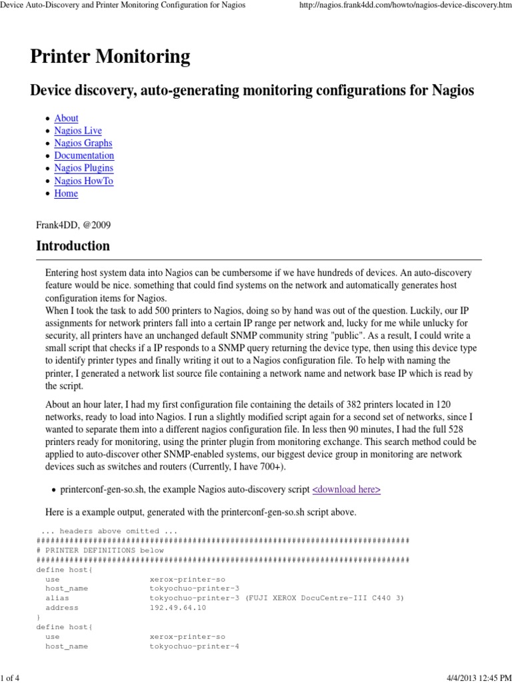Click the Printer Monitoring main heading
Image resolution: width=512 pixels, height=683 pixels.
point(110,57)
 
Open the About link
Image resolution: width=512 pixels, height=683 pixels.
point(66,118)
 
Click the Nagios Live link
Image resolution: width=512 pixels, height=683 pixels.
point(78,131)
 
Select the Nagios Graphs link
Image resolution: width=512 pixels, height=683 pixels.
point(83,143)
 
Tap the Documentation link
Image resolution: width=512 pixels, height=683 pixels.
point(84,155)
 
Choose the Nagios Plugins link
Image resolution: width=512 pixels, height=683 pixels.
point(84,168)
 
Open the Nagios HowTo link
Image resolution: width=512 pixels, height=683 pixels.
point(84,181)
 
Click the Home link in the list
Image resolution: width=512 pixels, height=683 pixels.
point(66,193)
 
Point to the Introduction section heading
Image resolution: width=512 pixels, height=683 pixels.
point(73,245)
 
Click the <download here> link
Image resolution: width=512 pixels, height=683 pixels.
point(347,490)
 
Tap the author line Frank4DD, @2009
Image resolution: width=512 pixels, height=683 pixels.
point(73,225)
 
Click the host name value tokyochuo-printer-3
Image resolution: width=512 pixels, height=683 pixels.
point(194,589)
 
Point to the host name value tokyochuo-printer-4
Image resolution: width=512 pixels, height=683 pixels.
point(194,647)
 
